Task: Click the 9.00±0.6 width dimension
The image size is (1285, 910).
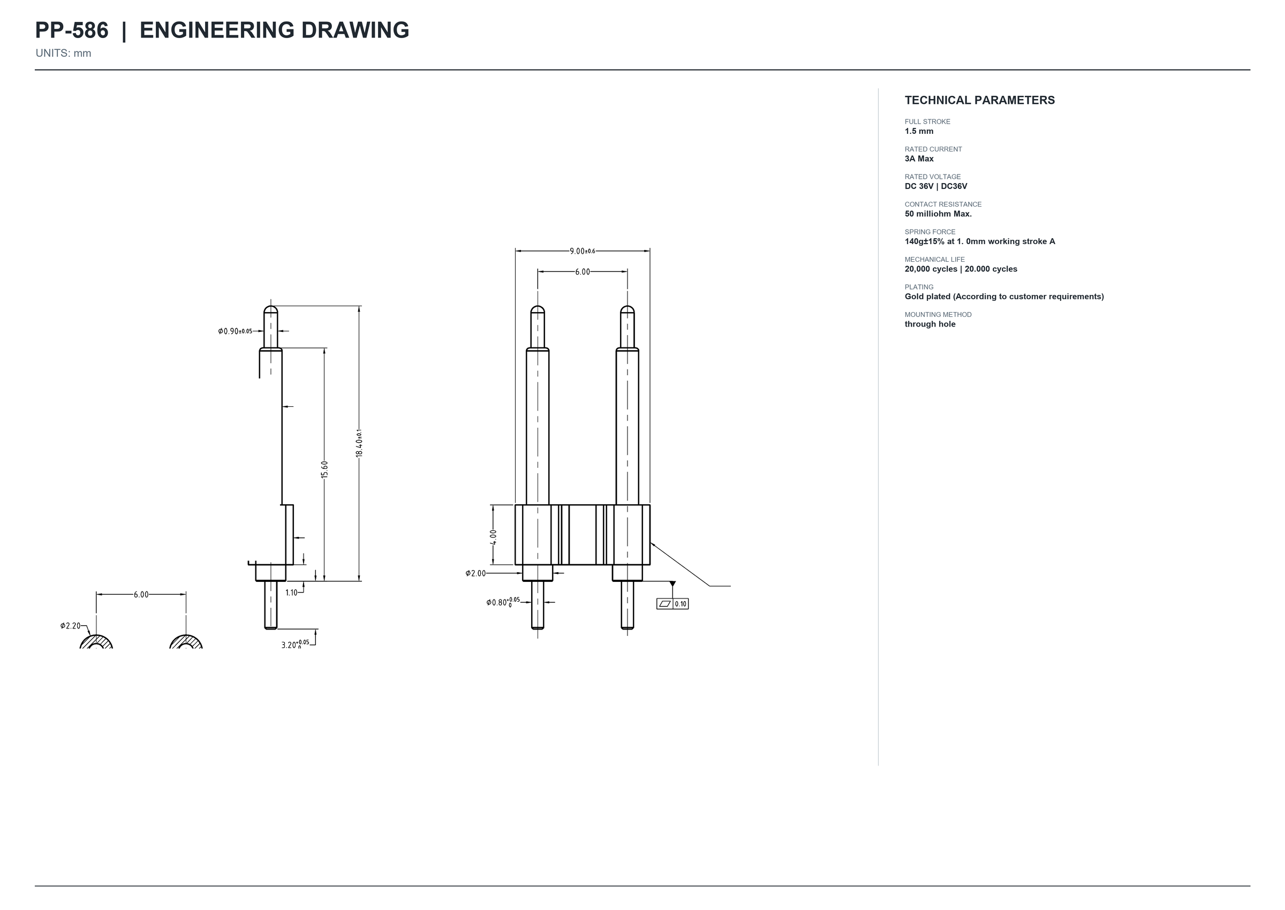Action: [x=582, y=251]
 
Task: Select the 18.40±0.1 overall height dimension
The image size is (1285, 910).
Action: [x=359, y=443]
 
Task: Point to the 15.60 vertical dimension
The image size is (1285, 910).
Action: [x=324, y=469]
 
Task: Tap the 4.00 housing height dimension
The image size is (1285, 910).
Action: [x=493, y=537]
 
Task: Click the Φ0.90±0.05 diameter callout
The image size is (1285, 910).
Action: [x=236, y=331]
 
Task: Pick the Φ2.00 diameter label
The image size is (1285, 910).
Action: [x=476, y=573]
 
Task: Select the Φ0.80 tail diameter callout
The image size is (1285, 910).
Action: [x=503, y=602]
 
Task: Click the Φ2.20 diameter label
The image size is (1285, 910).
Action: [x=71, y=626]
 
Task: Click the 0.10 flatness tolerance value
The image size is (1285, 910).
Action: [x=681, y=604]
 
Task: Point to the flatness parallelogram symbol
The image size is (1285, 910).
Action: [x=664, y=604]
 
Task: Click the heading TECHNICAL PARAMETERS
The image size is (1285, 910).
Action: [x=980, y=100]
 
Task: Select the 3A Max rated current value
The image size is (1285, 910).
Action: [x=919, y=158]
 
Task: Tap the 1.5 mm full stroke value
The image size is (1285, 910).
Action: [x=919, y=131]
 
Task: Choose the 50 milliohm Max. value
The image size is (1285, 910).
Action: [x=938, y=214]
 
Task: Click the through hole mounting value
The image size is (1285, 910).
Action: [x=930, y=324]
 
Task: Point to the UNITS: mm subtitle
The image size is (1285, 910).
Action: [x=63, y=53]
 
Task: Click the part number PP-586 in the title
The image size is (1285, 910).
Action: [x=72, y=31]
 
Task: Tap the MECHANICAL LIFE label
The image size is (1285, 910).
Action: [x=935, y=260]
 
